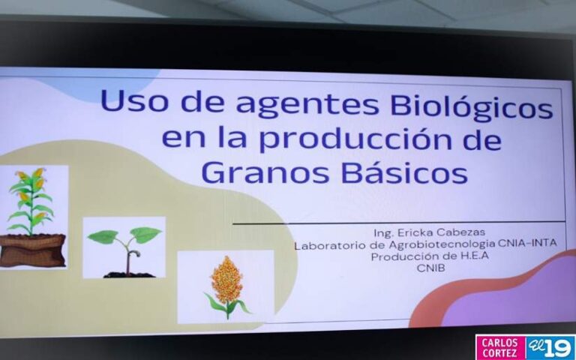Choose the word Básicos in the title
point(405,172)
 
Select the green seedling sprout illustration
point(124,246)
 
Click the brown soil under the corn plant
point(31,250)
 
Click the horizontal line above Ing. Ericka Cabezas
point(397,223)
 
